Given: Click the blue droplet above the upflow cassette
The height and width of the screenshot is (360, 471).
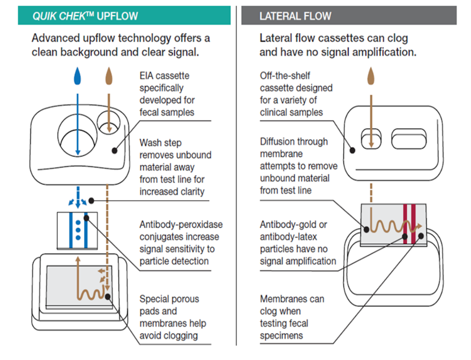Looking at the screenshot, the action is coord(78,76).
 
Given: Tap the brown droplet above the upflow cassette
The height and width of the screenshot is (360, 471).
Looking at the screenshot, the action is coord(109,76).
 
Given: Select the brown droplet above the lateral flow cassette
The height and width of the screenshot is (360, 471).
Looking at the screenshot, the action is coord(371,76).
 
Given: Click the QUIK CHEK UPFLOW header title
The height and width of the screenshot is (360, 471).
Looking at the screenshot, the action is coord(85,16).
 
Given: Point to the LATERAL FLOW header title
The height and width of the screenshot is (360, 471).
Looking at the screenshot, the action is coord(295,16).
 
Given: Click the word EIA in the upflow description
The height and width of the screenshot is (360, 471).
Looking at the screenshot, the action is coord(146,76).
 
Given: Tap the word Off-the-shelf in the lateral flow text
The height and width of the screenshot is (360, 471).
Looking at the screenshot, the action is coord(285,76).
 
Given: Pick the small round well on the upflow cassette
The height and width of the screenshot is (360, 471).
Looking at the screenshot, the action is coord(109,123).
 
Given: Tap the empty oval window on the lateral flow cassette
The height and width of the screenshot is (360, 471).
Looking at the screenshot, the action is coord(409,139).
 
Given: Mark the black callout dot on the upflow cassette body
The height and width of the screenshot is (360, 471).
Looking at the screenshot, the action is coord(114,151).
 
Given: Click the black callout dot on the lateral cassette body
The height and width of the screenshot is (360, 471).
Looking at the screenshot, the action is coord(352,150).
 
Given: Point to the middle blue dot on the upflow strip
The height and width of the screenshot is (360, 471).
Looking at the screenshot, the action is coord(78,230).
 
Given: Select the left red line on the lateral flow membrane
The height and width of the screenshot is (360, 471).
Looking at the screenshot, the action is coord(405,224).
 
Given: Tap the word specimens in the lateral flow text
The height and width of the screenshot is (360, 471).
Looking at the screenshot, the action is coord(281,336).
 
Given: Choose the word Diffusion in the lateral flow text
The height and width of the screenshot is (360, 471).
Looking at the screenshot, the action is coord(276,142).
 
